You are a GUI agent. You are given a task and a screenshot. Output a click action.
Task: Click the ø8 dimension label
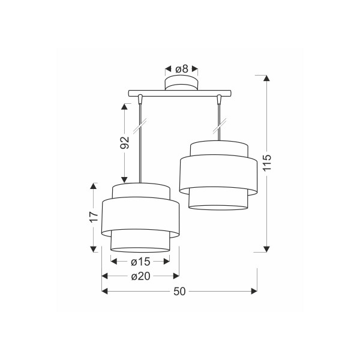(182, 69)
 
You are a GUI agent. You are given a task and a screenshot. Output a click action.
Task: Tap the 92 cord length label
(125, 143)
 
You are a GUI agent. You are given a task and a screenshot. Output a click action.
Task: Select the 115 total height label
(267, 163)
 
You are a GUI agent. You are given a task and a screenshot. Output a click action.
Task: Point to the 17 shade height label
(94, 217)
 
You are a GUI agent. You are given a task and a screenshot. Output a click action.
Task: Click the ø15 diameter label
(140, 262)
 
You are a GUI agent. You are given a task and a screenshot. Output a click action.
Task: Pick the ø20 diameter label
(140, 277)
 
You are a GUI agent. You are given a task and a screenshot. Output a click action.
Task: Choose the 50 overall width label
(179, 292)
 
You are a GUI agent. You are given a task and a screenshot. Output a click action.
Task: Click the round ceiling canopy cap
(181, 83)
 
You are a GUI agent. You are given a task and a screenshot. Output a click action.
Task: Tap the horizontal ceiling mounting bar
(180, 93)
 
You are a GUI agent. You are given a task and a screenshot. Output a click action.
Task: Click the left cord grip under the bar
(140, 99)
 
